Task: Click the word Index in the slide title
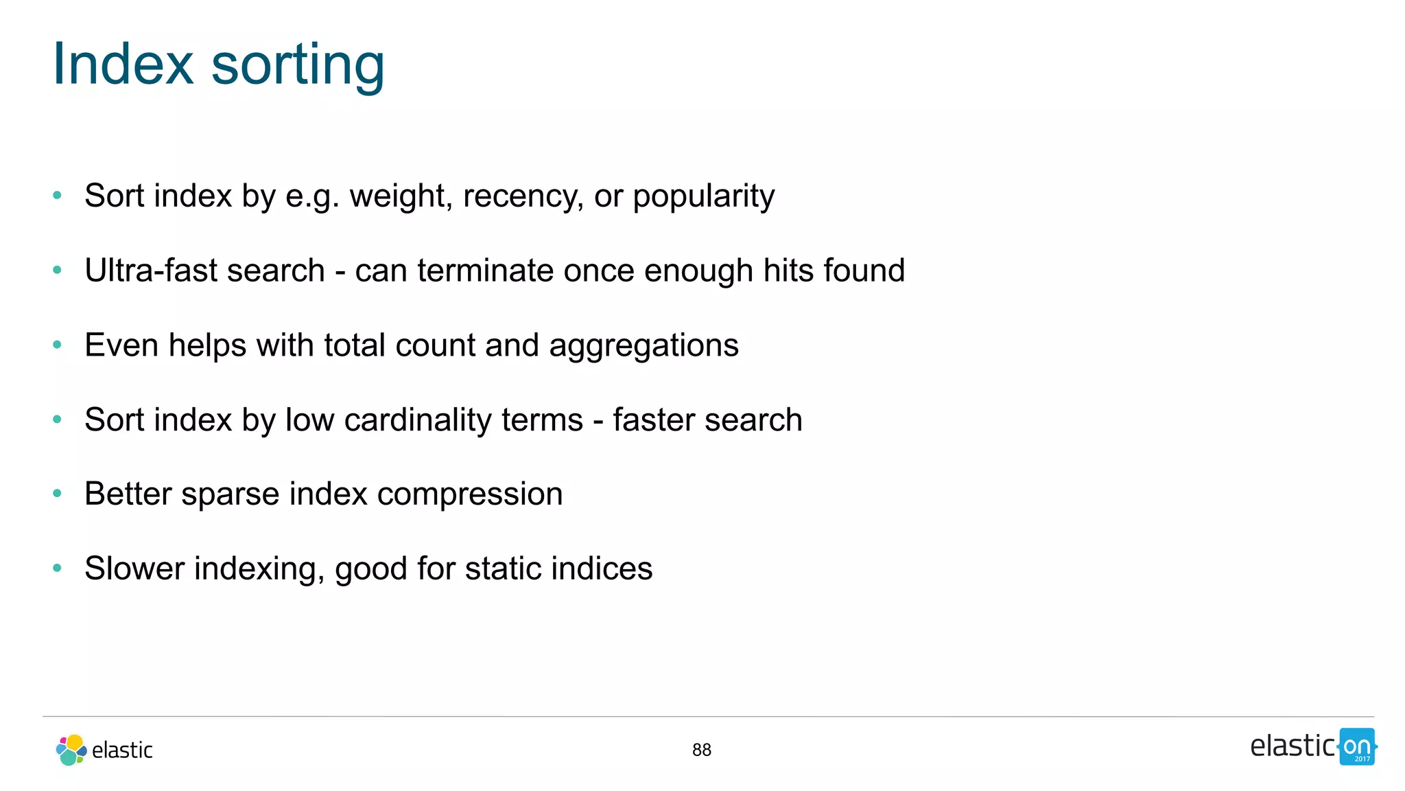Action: [x=123, y=64]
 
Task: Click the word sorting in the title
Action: [x=298, y=65]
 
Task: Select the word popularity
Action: [x=703, y=196]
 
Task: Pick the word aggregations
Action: [x=644, y=345]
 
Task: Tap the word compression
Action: [x=470, y=494]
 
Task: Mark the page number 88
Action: [x=702, y=750]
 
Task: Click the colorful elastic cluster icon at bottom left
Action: [x=71, y=750]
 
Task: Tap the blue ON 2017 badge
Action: [x=1357, y=747]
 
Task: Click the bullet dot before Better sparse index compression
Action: [x=58, y=493]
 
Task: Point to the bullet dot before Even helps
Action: [x=58, y=344]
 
